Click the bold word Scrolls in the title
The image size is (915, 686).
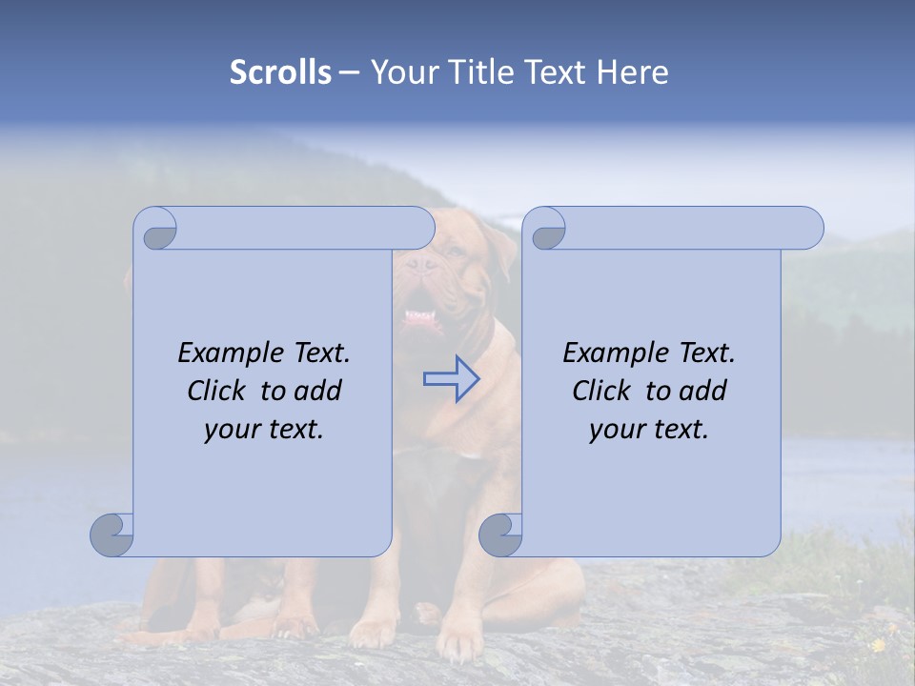pyautogui.click(x=280, y=72)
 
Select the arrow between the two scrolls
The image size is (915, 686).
pyautogui.click(x=451, y=379)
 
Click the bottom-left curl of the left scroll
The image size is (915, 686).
pyautogui.click(x=112, y=534)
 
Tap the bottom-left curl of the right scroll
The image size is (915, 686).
pyautogui.click(x=500, y=534)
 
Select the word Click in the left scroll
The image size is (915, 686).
pyautogui.click(x=217, y=391)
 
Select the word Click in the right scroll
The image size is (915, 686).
pyautogui.click(x=602, y=391)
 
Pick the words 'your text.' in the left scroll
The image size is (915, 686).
pyautogui.click(x=264, y=430)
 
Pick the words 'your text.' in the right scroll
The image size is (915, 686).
pyautogui.click(x=649, y=430)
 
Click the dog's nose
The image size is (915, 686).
pyautogui.click(x=417, y=259)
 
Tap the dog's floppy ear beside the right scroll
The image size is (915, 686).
pyautogui.click(x=500, y=252)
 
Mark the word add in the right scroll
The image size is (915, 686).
pyautogui.click(x=702, y=391)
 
